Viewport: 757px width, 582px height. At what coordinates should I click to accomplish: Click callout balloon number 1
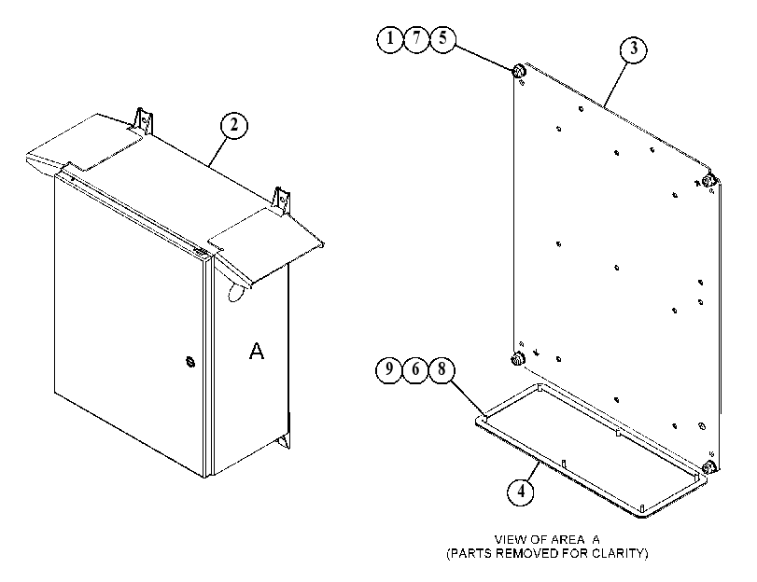pos(389,38)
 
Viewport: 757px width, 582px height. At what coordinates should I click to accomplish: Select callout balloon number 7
pos(416,38)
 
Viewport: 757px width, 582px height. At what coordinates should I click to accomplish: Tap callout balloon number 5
pos(442,38)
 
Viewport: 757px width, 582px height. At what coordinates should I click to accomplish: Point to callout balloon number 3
pos(634,48)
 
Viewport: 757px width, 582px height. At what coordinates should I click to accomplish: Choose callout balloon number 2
pos(234,125)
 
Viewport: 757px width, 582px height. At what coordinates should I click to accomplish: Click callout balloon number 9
pos(388,369)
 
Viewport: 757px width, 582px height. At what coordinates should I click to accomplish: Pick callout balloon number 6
pos(415,369)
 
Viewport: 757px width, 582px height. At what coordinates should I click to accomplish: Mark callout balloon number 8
pos(442,369)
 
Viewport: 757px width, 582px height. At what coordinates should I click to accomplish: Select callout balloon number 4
pos(521,492)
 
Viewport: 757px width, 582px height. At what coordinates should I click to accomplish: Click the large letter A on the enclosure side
pos(257,351)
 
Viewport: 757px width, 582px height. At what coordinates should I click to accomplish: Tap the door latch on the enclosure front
pos(190,361)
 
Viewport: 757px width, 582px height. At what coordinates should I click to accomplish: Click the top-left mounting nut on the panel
pos(518,72)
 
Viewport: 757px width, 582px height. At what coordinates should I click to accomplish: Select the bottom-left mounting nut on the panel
pos(517,358)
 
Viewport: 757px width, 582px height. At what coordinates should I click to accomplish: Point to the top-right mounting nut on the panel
pos(708,181)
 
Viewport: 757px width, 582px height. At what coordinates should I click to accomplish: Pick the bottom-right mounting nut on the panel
pos(708,467)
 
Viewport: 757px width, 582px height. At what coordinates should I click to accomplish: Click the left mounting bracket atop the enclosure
pos(144,120)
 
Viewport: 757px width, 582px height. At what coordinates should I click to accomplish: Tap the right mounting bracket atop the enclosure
pos(282,201)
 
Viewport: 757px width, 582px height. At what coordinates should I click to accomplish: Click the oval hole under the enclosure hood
pos(235,292)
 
